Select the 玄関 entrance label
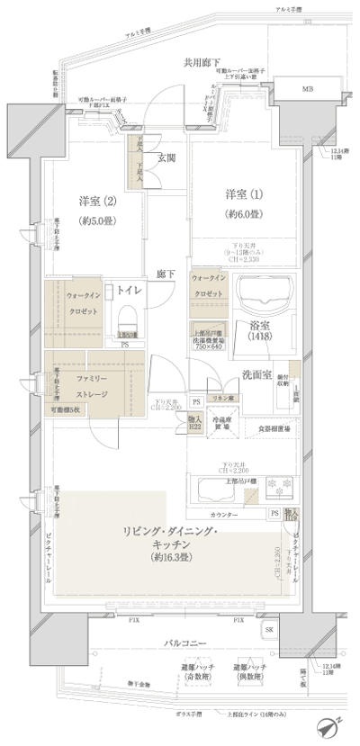[x=167, y=158]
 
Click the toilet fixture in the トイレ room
[x=126, y=317]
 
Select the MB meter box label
[x=308, y=90]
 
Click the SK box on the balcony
[x=269, y=630]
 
